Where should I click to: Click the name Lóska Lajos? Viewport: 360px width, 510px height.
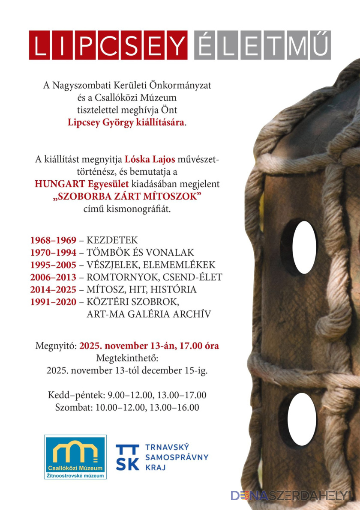(150, 160)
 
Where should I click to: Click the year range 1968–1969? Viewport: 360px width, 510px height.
(53, 240)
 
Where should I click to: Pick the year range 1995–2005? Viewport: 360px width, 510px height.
(53, 265)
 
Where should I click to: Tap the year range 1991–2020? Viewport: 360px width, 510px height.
(53, 302)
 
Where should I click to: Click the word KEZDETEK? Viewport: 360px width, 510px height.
(112, 240)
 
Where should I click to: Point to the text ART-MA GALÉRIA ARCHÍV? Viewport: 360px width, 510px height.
(149, 314)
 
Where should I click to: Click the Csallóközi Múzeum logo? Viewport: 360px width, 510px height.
(75, 457)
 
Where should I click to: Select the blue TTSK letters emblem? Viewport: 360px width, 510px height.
(127, 457)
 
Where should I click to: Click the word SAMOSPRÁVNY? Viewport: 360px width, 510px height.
(177, 457)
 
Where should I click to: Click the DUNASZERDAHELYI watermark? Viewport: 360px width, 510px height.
(291, 495)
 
